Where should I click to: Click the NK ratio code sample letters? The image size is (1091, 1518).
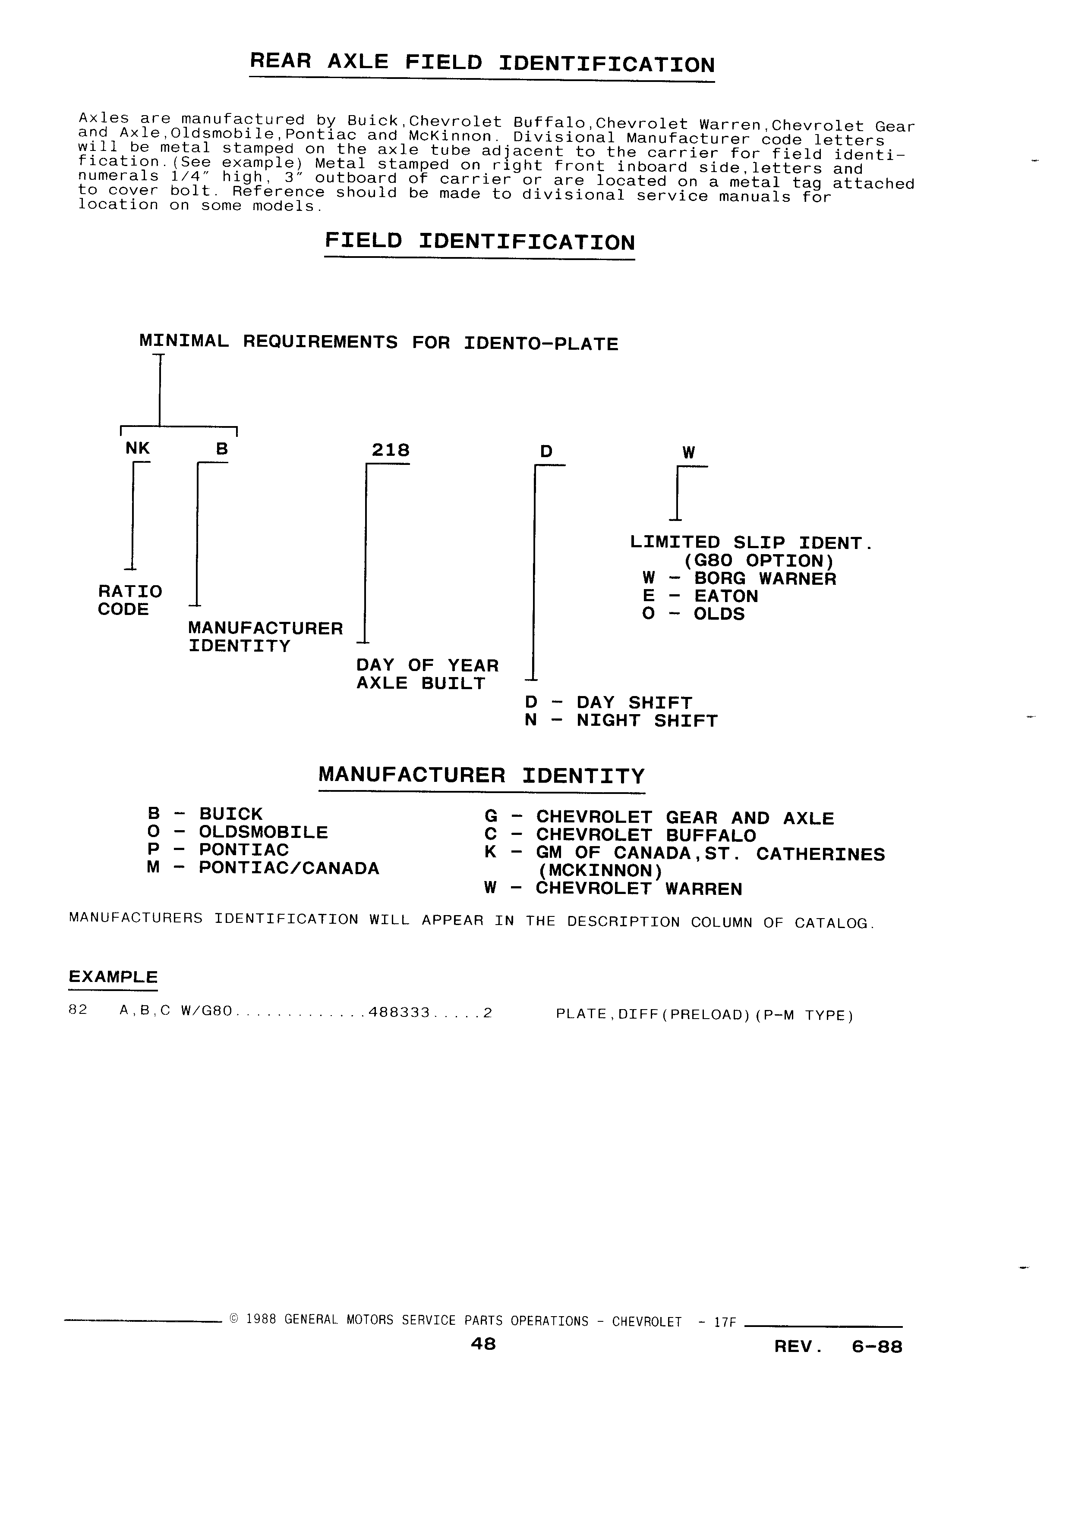point(137,448)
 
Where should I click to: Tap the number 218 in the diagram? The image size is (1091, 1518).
point(391,450)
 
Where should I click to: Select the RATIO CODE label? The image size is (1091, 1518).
point(130,600)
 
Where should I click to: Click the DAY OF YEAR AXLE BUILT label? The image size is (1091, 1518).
point(427,674)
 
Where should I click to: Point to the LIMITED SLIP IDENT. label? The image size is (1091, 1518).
point(751,543)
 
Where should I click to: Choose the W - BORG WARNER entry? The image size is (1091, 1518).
point(739,579)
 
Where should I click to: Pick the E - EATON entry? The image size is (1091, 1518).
point(700,596)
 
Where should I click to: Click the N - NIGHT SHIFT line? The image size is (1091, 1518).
point(621,721)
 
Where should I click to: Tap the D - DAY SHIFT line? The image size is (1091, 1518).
point(608,703)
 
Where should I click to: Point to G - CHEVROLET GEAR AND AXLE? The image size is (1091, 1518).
point(659,818)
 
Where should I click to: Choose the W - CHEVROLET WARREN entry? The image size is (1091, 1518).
point(613,890)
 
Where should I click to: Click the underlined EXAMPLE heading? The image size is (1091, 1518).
point(113,977)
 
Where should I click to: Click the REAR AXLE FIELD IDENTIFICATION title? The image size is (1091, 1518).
point(482,63)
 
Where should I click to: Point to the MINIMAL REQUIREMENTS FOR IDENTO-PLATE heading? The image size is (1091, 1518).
point(378,343)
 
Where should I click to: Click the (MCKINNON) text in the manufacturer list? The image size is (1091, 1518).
point(601,872)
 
